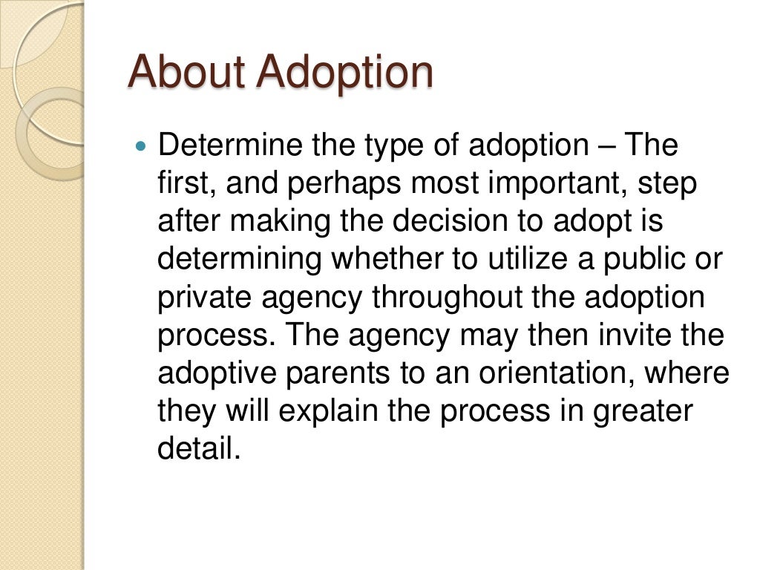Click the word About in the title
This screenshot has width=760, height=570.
(186, 72)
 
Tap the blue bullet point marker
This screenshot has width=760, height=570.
(144, 145)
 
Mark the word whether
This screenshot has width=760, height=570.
(383, 259)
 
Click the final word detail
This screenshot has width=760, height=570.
(198, 449)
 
